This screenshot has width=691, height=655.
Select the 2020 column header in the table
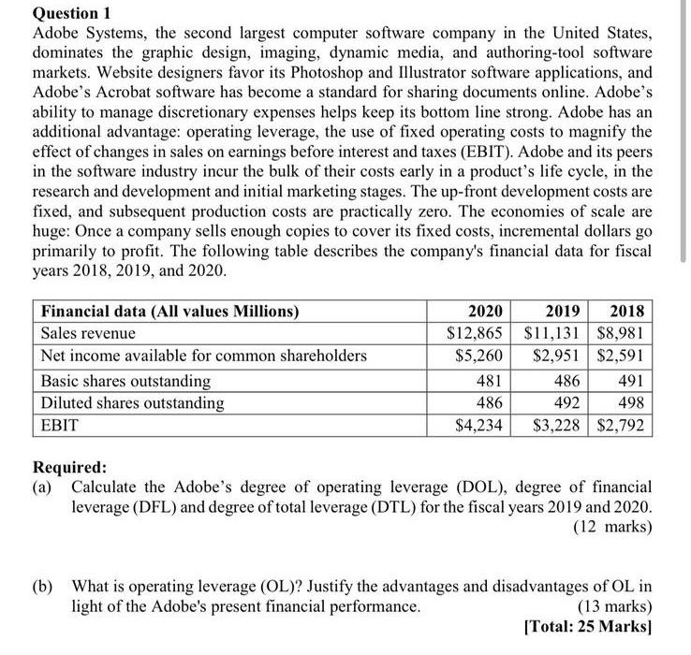(484, 312)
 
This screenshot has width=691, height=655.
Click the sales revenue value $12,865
(473, 333)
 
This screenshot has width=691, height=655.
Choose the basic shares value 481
(488, 381)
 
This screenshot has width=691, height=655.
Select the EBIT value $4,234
(478, 427)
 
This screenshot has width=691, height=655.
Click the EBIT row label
(59, 427)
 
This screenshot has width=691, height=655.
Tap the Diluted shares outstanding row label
(132, 403)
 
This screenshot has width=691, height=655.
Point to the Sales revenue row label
(88, 333)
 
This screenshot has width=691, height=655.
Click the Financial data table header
(169, 312)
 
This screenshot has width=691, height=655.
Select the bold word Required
(70, 468)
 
